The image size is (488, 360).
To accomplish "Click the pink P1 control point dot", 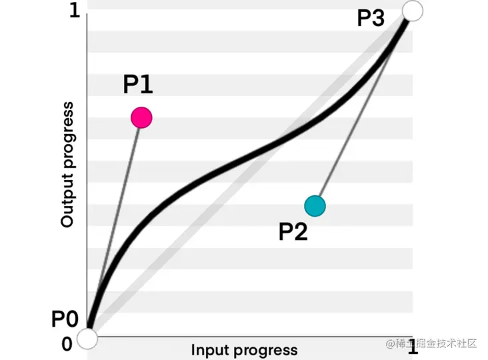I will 141,118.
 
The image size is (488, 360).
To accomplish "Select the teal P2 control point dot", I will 315,206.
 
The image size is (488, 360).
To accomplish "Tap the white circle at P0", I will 87,339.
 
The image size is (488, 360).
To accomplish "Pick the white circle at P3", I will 413,10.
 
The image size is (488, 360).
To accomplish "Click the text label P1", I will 138,85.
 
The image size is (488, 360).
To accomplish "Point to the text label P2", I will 293,231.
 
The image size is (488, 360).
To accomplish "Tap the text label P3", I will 371,18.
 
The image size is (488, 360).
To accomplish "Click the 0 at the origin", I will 67,344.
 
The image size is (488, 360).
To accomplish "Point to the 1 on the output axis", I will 74,12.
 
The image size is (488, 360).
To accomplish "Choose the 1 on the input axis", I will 413,347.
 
